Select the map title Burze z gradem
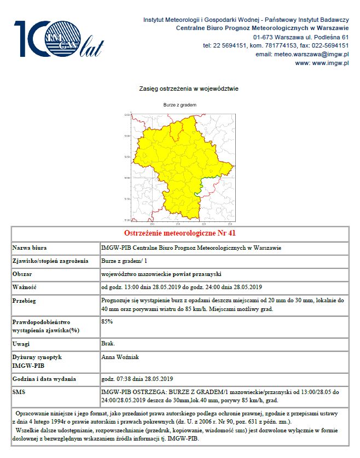tap(179, 104)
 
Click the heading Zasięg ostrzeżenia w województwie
tap(181, 89)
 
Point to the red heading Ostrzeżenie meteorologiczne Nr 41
tap(179, 233)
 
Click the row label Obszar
tap(22, 274)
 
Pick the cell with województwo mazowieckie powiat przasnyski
tap(161, 274)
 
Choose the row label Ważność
tap(25, 287)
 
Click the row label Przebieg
tap(25, 301)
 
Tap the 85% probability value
tap(107, 321)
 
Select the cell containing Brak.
tap(108, 344)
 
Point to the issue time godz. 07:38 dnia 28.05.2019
tap(137, 379)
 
